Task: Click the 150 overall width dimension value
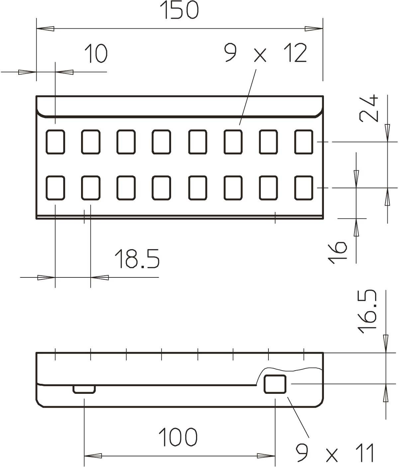point(180,11)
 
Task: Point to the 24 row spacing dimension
point(369,108)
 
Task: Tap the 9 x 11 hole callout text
point(336,453)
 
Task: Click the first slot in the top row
point(55,142)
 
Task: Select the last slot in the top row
point(304,142)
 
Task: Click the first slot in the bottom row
point(55,188)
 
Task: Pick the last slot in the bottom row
point(304,188)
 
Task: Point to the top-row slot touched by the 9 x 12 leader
point(233,142)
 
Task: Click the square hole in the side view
point(275,384)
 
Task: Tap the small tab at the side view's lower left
point(84,389)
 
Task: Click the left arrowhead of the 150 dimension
point(45,29)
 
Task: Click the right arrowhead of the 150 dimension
point(314,29)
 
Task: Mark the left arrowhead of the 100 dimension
point(93,455)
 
